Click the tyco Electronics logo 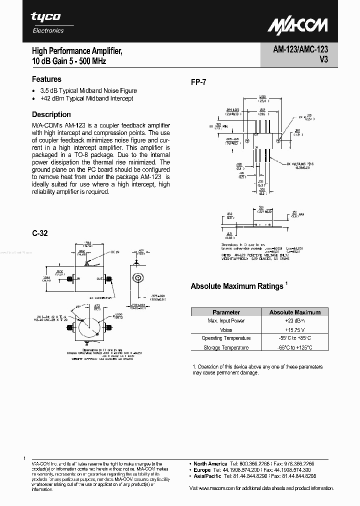click(x=47, y=22)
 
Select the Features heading click(x=46, y=79)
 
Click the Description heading click(x=51, y=114)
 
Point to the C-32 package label click(x=39, y=233)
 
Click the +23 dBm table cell click(x=294, y=320)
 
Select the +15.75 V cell click(x=294, y=329)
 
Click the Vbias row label click(x=226, y=329)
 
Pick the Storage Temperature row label click(x=226, y=347)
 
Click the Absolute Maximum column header click(x=294, y=312)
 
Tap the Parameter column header click(x=226, y=312)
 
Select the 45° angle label click(x=78, y=306)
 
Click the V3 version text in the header click(x=321, y=61)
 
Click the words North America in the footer click(x=210, y=464)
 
